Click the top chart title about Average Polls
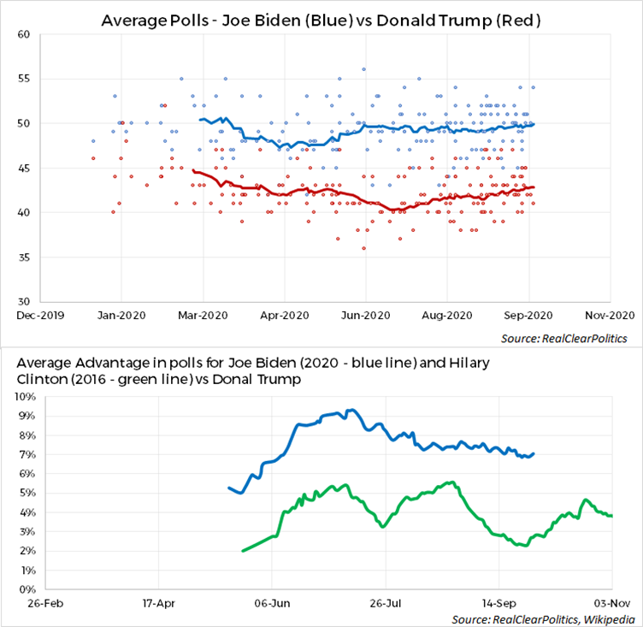point(321,19)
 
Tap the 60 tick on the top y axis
point(25,34)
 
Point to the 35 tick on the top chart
point(25,257)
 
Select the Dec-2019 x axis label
point(39,315)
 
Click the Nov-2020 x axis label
point(611,315)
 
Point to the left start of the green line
point(243,551)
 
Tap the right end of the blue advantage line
point(534,454)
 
